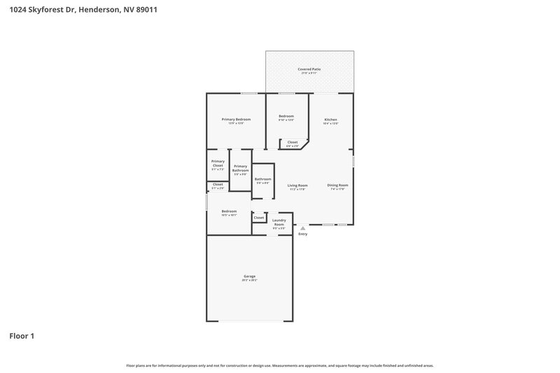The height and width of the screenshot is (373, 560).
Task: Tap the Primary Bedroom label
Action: click(x=236, y=120)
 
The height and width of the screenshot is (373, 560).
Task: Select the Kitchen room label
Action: click(x=330, y=120)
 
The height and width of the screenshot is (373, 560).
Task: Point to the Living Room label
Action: click(x=297, y=185)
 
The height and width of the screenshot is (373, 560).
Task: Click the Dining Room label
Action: click(x=337, y=185)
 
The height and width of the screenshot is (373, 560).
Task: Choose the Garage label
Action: click(x=249, y=276)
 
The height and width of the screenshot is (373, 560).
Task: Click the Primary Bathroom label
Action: click(x=240, y=169)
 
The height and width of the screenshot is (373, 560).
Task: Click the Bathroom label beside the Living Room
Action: click(x=262, y=179)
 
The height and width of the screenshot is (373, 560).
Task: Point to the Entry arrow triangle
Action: click(x=302, y=227)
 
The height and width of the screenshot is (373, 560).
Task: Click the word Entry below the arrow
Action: click(x=302, y=234)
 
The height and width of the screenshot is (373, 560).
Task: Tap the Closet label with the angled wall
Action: click(x=293, y=142)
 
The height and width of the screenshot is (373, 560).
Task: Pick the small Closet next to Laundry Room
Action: click(x=259, y=218)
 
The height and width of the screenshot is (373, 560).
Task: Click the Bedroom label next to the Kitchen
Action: click(x=286, y=116)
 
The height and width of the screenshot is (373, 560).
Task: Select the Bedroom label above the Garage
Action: click(x=229, y=211)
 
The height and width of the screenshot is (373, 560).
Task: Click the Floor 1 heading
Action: click(x=22, y=336)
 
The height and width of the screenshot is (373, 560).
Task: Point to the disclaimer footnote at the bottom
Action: click(x=280, y=365)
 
